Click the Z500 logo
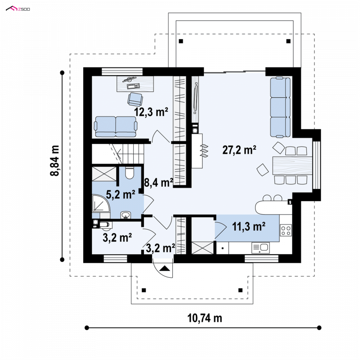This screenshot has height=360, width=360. coord(18,9)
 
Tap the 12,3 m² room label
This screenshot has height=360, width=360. coord(151,112)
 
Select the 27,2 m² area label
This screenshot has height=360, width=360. coord(239,150)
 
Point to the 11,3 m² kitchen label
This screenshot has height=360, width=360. coord(249,227)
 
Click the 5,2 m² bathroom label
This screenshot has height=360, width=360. coord(121,195)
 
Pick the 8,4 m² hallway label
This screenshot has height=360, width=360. coord(159,183)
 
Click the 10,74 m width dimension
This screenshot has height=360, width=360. coord(205,318)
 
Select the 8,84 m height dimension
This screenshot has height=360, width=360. coord(54,161)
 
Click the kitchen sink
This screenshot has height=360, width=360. coord(261,248)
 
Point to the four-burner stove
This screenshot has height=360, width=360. coord(286,230)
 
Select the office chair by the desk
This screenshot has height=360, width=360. coord(135,99)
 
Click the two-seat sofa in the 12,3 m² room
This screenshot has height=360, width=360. coord(116,127)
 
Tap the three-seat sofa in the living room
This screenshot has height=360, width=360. coord(280,107)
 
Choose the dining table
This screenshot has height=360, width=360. coord(292,166)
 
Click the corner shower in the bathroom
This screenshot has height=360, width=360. coord(101,204)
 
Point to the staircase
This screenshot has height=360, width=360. coord(118,154)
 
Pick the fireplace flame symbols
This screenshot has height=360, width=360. coord(204,151)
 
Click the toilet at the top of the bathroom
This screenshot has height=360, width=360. coord(130,173)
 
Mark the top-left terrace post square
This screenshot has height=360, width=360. coord(181,41)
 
